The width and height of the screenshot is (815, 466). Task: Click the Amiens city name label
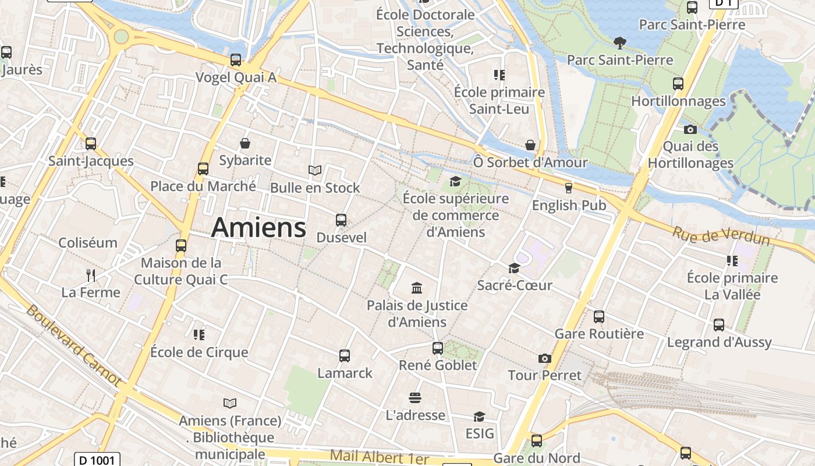pyautogui.click(x=258, y=227)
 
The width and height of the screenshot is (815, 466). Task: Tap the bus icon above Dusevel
pyautogui.click(x=341, y=220)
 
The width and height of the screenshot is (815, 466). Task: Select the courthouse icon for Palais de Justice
pyautogui.click(x=417, y=288)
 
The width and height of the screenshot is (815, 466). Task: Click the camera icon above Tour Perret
pyautogui.click(x=545, y=358)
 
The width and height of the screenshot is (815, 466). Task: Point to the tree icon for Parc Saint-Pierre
pyautogui.click(x=619, y=42)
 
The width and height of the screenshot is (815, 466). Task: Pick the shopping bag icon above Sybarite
pyautogui.click(x=245, y=143)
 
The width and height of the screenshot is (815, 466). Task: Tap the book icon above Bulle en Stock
pyautogui.click(x=315, y=171)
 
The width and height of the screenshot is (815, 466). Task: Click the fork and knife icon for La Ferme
pyautogui.click(x=91, y=275)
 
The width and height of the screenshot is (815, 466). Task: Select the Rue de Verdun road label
pyautogui.click(x=721, y=235)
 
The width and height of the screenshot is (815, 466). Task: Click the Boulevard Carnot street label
pyautogui.click(x=73, y=345)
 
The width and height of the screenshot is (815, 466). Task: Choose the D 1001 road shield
pyautogui.click(x=98, y=460)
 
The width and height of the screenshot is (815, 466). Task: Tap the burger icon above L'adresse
pyautogui.click(x=415, y=398)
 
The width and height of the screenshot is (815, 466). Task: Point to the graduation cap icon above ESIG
pyautogui.click(x=479, y=416)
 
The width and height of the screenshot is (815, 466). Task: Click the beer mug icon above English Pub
pyautogui.click(x=569, y=188)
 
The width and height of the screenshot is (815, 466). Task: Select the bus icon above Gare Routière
pyautogui.click(x=599, y=317)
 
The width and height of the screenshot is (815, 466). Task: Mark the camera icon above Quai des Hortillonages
pyautogui.click(x=690, y=129)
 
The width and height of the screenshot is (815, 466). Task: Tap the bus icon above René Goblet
pyautogui.click(x=438, y=348)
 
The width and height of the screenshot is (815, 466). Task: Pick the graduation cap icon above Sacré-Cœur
pyautogui.click(x=514, y=268)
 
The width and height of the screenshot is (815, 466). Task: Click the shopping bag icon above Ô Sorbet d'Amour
pyautogui.click(x=530, y=145)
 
